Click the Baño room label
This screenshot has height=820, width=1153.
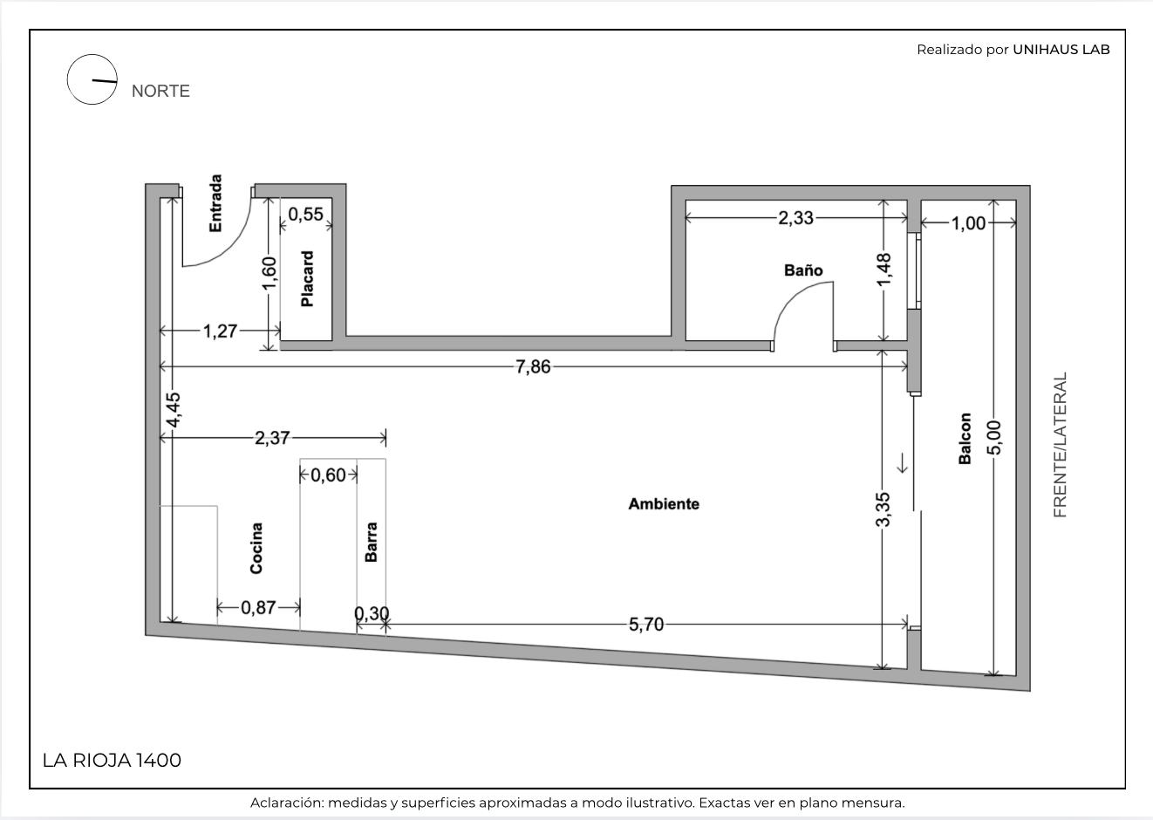point(803,270)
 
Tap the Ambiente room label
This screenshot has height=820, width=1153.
point(664,504)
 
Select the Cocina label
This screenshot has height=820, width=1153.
point(256,548)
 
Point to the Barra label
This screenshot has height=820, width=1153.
point(371,542)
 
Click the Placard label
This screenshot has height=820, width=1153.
point(307,279)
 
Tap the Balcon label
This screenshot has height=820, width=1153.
point(965,439)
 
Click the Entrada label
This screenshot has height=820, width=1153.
point(215,203)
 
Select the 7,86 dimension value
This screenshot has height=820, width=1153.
point(533,367)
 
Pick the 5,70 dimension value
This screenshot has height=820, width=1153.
point(646,625)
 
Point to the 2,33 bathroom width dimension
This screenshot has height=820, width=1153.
point(795,218)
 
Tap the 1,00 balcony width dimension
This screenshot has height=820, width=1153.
point(968,223)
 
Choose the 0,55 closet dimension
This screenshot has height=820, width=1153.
point(306,215)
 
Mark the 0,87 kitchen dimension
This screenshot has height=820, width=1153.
point(258,608)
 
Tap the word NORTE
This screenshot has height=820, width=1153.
point(160,91)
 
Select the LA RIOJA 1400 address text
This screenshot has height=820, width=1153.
point(112,761)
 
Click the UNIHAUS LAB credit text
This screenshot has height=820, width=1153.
point(1061,50)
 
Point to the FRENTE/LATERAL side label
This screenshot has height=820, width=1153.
point(1061,445)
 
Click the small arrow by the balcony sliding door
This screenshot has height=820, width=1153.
point(902,462)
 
